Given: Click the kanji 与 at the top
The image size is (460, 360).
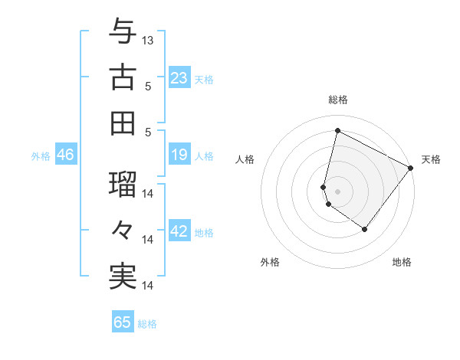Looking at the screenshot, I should (123, 33).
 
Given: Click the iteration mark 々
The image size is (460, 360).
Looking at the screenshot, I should (123, 231).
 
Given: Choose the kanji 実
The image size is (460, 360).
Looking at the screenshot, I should (123, 276).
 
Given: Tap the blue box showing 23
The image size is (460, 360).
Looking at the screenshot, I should (179, 78).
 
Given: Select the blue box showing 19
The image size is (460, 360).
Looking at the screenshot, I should (179, 155).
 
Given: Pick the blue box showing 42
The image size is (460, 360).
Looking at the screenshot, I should (179, 232).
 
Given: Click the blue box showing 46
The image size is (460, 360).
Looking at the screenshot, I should (65, 155).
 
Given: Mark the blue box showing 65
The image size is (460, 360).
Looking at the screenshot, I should (123, 322).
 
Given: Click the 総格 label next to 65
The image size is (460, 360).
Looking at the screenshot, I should (147, 324).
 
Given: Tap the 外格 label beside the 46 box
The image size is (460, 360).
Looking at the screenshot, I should (41, 156).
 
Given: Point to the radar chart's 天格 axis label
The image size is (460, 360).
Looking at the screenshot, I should (431, 159).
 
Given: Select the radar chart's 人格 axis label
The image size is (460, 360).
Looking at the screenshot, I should (245, 159).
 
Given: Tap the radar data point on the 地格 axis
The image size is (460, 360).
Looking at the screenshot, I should (364, 229).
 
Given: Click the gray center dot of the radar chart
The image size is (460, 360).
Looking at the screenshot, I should (338, 191).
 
